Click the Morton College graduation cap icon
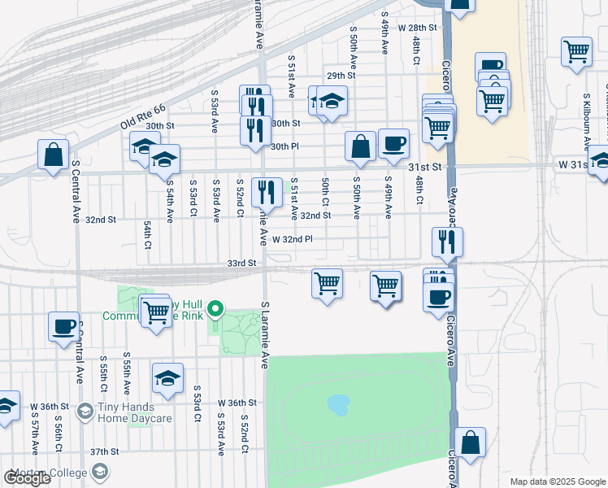100,471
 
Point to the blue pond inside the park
338,403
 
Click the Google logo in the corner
28,478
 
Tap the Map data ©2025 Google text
558,481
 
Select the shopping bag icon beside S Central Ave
53,154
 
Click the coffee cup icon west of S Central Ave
64,327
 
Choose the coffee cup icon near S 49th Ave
394,143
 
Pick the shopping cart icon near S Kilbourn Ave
576,51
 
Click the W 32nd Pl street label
293,240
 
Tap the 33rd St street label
241,264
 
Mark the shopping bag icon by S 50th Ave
360,146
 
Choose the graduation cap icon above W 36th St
168,378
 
